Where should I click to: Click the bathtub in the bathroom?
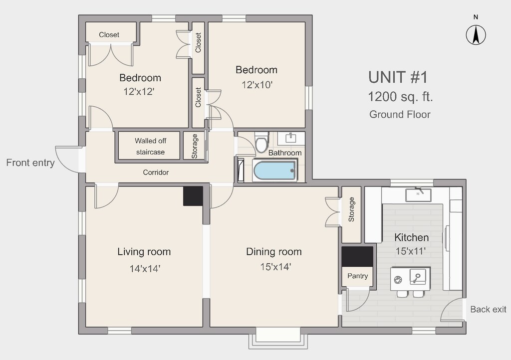[x=275, y=170]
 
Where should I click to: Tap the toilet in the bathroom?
[x=261, y=142]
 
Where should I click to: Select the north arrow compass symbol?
[x=476, y=34]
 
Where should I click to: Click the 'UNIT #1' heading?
[x=398, y=77]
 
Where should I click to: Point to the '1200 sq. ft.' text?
[x=400, y=97]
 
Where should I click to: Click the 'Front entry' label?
[x=30, y=163]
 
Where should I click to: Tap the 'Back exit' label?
[x=488, y=309]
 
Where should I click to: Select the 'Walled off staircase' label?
[x=150, y=146]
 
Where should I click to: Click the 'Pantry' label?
[x=357, y=276]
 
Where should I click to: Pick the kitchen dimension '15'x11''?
[x=411, y=251]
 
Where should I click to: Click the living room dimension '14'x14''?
[x=145, y=269]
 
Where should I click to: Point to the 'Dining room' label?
[x=274, y=252]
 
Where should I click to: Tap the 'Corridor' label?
[x=156, y=173]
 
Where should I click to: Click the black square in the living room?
[x=193, y=196]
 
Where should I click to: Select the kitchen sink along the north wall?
[x=418, y=194]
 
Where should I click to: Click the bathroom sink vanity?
[x=291, y=138]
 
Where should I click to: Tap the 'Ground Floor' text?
[x=400, y=115]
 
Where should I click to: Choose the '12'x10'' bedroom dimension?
[x=257, y=85]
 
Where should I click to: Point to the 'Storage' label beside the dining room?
[x=351, y=209]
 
